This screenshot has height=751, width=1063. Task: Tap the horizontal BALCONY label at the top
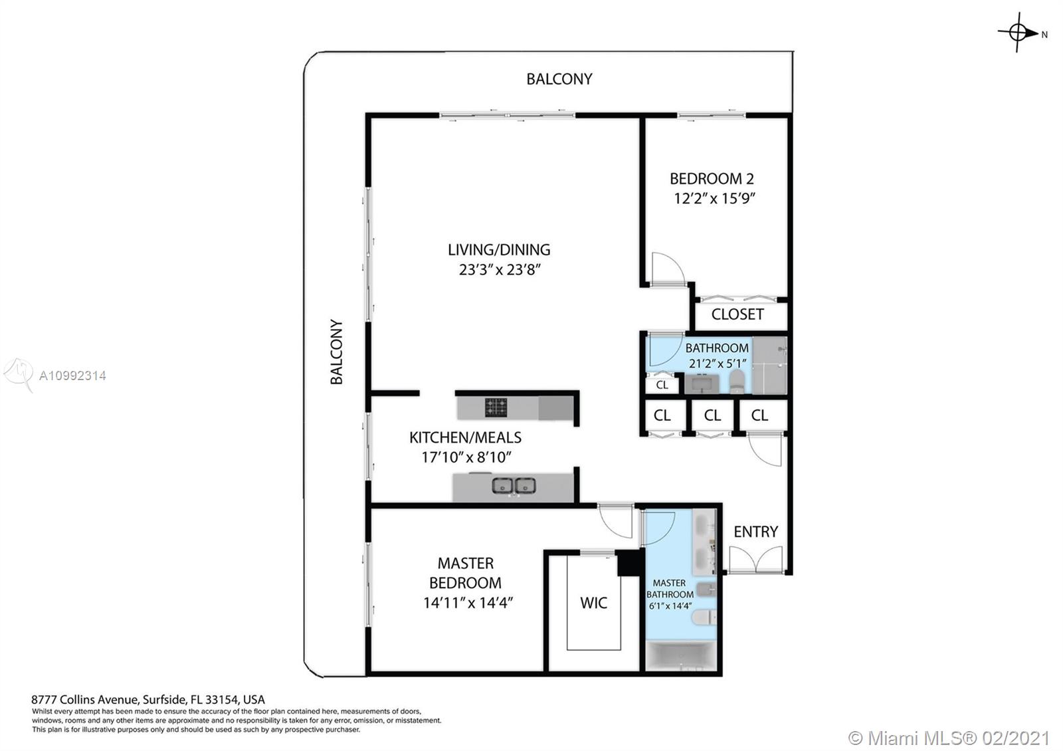click(x=559, y=79)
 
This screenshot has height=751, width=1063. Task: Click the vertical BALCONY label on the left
click(x=337, y=352)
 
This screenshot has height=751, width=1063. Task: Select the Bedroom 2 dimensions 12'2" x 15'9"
click(x=715, y=198)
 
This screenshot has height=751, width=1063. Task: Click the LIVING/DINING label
click(x=499, y=250)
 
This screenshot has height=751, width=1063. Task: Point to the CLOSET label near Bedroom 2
click(x=737, y=314)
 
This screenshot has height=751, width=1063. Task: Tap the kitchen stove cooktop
click(x=496, y=407)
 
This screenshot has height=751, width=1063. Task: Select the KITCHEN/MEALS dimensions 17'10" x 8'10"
click(x=466, y=457)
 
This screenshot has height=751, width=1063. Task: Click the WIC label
click(x=593, y=603)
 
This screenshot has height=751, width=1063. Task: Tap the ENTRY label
click(x=755, y=532)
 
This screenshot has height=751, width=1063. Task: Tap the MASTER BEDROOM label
click(x=465, y=573)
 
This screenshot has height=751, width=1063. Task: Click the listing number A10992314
click(x=72, y=375)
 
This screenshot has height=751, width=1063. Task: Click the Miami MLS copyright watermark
click(x=949, y=738)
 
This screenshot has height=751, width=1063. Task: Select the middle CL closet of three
click(x=712, y=415)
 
